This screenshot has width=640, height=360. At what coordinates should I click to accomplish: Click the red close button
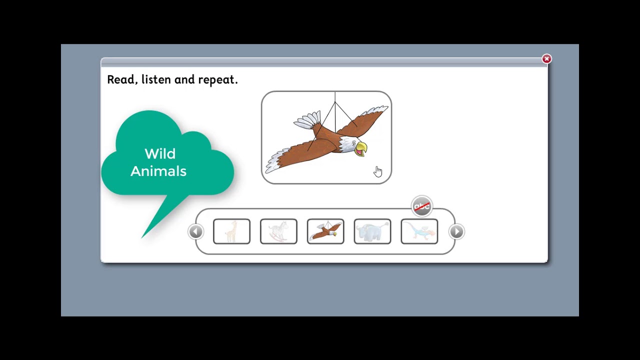coord(546,59)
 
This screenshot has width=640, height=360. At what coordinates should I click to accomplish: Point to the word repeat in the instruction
coord(217,80)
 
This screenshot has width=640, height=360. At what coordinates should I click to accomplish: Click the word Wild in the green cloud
coord(160,153)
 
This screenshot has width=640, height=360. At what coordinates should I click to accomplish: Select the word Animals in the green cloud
coord(158,171)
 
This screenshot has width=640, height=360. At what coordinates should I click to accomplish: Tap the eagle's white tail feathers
coord(306,120)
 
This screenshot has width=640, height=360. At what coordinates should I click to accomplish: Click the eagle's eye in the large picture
coord(354,144)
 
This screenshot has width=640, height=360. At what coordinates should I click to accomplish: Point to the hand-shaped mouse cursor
coord(377,171)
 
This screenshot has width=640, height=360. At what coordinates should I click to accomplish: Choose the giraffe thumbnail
coord(231,231)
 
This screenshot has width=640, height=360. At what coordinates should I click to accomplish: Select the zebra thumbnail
coord(278,231)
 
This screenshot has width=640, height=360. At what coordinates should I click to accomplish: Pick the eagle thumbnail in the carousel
coord(325,231)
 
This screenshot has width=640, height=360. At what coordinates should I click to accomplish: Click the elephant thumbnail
coord(372,231)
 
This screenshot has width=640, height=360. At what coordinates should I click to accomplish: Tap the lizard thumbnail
coord(419,231)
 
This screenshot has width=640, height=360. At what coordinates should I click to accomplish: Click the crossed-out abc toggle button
coord(421,206)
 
